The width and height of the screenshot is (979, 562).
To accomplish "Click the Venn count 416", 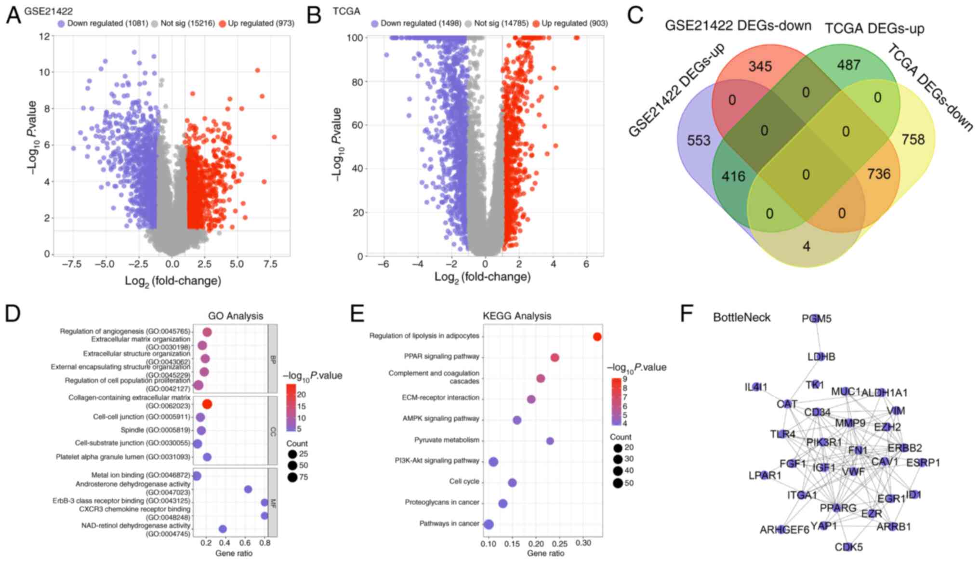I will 733,176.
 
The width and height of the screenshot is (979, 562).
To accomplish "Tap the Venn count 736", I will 878,174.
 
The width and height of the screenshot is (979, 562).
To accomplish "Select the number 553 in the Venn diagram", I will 698,140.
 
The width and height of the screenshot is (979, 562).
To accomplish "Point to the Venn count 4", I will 806,246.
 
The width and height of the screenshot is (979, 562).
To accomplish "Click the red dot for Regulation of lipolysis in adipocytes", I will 597,337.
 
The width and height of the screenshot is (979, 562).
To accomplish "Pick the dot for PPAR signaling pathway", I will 555,358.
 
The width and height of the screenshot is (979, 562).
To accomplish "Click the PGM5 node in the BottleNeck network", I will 816,319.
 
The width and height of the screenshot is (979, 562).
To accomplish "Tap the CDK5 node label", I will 848,547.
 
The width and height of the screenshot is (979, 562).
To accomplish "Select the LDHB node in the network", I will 821,357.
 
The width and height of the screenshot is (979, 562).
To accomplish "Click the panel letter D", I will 13,314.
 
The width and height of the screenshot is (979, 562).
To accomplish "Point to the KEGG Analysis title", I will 516,316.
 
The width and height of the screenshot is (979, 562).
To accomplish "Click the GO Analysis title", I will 235,316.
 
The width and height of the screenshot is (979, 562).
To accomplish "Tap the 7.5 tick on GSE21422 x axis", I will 270,264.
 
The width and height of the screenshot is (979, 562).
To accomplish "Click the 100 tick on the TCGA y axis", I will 355,38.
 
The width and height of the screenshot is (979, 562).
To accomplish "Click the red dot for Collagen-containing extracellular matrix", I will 207,404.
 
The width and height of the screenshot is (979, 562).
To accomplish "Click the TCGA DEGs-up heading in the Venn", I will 874,28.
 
